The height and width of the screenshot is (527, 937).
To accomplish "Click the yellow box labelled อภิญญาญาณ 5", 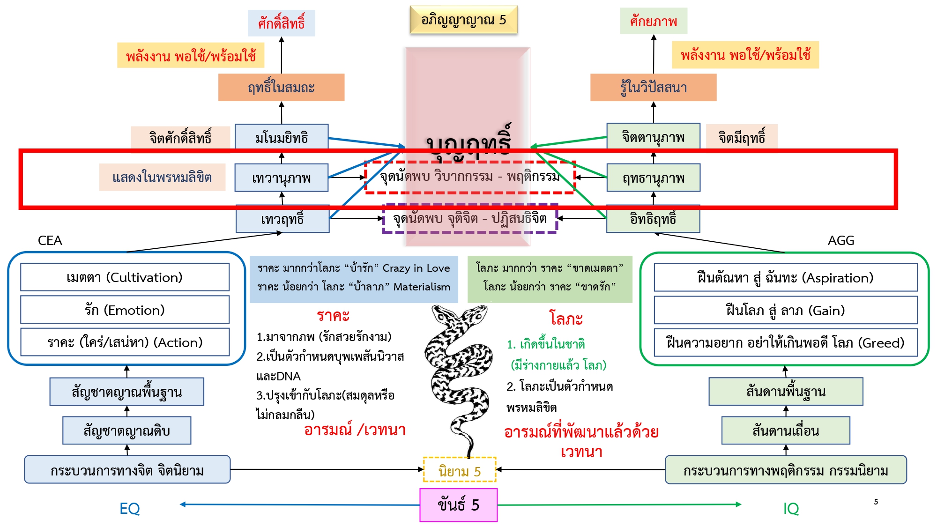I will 463,20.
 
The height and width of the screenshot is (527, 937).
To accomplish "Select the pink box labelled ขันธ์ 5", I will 458,505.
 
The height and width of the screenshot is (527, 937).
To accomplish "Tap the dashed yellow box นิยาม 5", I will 459,470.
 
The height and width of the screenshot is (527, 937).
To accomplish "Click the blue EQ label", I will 129,508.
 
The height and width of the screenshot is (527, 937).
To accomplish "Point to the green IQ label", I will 791,508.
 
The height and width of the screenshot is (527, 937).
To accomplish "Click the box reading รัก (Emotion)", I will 125,310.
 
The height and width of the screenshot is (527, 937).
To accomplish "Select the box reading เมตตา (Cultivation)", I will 125,277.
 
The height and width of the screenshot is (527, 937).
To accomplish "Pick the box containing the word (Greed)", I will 785,342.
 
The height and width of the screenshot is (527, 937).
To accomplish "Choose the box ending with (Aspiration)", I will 785,278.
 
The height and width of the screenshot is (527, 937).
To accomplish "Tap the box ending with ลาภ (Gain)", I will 785,310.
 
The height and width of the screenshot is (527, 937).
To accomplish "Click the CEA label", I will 50,240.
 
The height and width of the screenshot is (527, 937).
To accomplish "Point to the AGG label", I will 841,240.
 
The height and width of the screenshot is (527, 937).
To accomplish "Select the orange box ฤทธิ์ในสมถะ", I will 281,88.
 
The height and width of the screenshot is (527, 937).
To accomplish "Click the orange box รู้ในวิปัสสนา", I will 653,88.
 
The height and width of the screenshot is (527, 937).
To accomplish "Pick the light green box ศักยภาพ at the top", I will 653,21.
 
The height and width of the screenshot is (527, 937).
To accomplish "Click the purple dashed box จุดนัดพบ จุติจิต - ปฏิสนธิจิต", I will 470,218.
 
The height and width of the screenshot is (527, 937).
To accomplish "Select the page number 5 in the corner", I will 876,502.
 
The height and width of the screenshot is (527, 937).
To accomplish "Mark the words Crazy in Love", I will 416,268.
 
